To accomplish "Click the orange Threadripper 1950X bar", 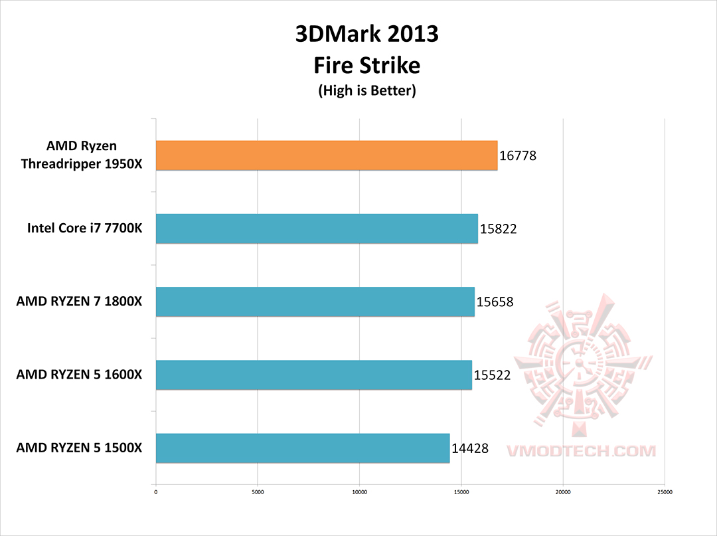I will tap(327, 155).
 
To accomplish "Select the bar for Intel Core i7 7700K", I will tap(317, 228).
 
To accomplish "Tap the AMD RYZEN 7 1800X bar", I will tap(315, 302).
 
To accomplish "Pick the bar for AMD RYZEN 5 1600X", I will tap(313, 375).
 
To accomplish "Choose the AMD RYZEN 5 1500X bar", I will tap(303, 448).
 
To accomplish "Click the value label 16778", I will tap(517, 156).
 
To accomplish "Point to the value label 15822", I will tap(498, 229).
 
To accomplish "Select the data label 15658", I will tap(495, 302).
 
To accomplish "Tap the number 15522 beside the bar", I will tap(492, 375).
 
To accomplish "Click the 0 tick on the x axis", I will tap(155, 492).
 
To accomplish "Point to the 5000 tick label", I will tap(258, 492).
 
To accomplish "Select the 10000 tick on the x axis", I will tap(359, 492).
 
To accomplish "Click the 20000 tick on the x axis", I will tap(563, 492).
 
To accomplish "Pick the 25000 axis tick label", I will tap(665, 492).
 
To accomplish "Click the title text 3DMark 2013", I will tap(366, 34).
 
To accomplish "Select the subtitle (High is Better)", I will tap(366, 91).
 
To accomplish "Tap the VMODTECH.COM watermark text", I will tap(581, 451).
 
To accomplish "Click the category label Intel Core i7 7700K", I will tap(84, 228).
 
